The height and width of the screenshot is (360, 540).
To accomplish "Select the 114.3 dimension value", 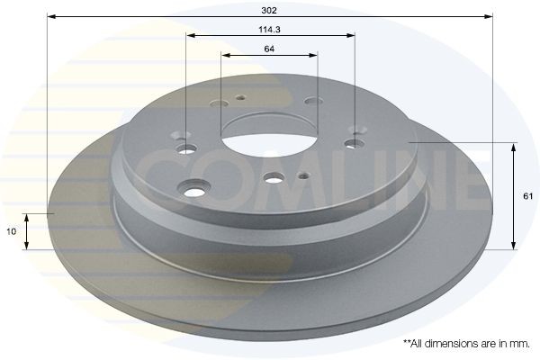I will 269,29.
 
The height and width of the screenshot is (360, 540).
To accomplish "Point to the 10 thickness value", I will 11,231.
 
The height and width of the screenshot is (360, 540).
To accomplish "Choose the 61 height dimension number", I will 527,194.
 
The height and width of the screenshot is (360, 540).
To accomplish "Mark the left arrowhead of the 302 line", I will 49,16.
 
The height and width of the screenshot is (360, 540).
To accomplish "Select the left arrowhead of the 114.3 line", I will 190,36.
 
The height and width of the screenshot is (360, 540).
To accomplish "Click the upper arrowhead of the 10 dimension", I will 27,217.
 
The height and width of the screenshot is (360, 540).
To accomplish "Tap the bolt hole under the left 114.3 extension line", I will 186,148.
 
